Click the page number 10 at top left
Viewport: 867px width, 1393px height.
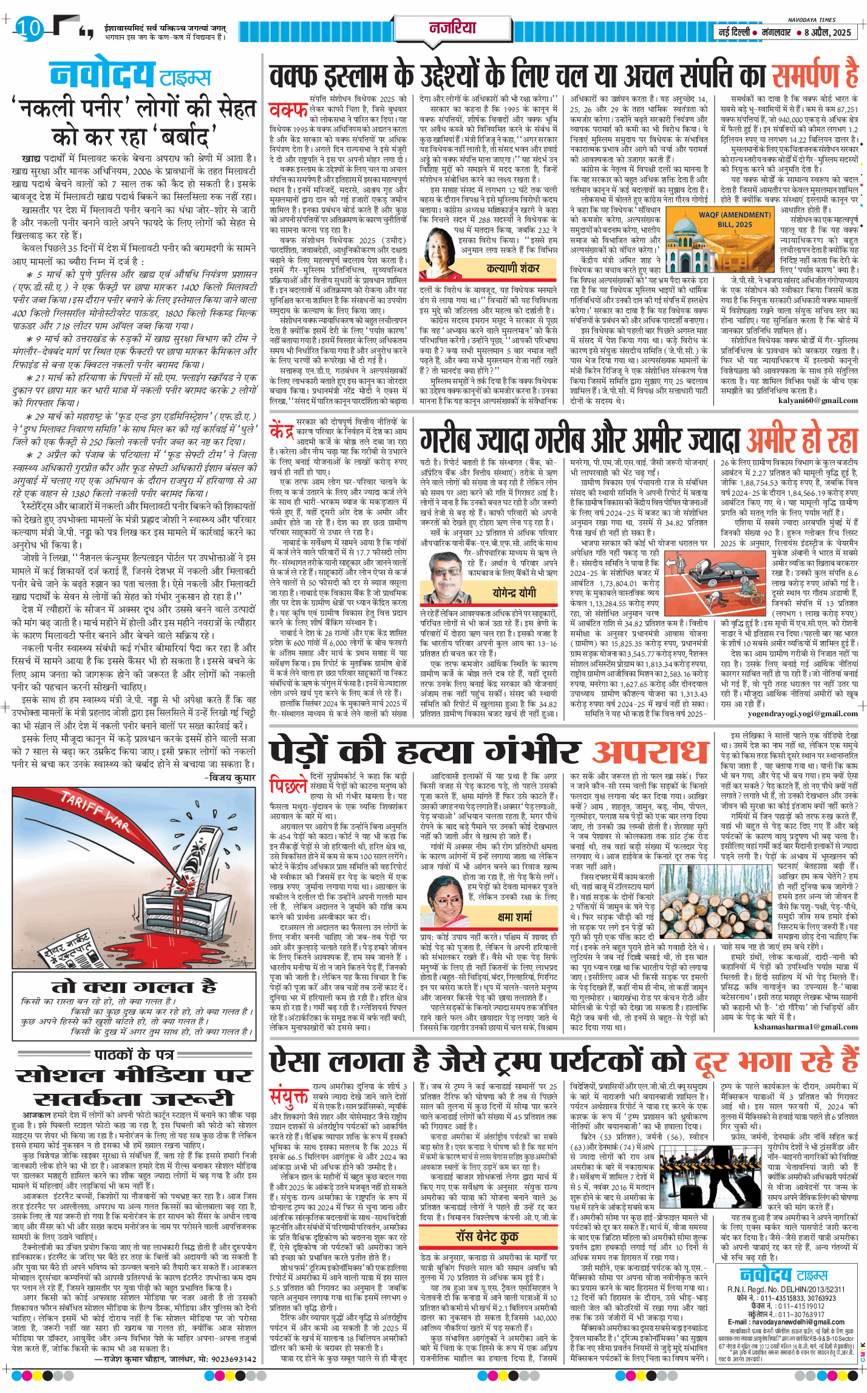tap(28, 28)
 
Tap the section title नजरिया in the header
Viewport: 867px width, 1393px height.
tap(452, 27)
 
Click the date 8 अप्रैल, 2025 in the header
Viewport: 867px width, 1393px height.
tap(828, 32)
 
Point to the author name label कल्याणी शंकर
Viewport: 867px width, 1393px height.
tap(512, 268)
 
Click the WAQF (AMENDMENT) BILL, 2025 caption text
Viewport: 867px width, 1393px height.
tap(735, 219)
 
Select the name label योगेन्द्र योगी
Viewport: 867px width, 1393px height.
tap(513, 592)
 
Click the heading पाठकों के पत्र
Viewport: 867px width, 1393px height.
tap(134, 1054)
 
